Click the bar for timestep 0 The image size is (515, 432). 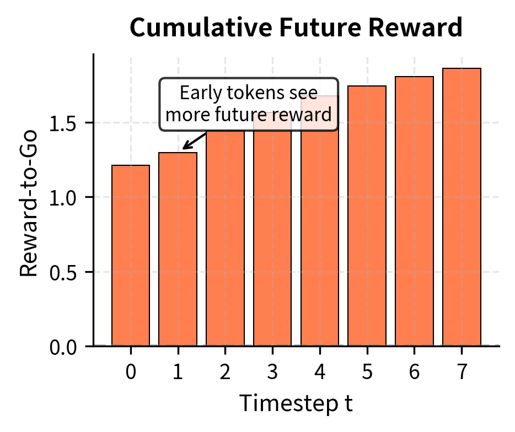[131, 255]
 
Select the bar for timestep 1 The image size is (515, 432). [178, 249]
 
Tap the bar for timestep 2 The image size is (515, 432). [226, 239]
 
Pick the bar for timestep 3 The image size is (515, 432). [272, 229]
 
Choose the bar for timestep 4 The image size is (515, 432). [320, 221]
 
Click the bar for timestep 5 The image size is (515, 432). [367, 216]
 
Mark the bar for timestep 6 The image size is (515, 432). [415, 211]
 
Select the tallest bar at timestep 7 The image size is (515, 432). [462, 207]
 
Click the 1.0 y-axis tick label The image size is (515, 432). [62, 198]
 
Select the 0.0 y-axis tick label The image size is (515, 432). [62, 348]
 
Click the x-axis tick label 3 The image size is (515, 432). [272, 372]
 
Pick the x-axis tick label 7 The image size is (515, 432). [462, 372]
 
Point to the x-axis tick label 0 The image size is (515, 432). [131, 372]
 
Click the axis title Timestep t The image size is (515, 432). [296, 403]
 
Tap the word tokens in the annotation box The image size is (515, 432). [255, 93]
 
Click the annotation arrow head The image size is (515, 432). [185, 147]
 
